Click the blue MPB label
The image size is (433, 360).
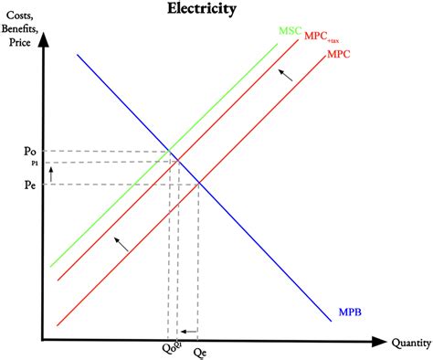click(x=350, y=312)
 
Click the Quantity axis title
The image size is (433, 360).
click(x=411, y=344)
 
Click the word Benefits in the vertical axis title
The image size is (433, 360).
click(x=23, y=30)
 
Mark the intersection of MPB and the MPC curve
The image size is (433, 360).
click(x=198, y=184)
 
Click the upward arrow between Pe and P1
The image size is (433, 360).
click(x=52, y=172)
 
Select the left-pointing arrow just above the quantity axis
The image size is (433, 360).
click(x=188, y=331)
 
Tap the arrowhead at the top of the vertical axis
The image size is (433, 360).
click(x=43, y=39)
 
